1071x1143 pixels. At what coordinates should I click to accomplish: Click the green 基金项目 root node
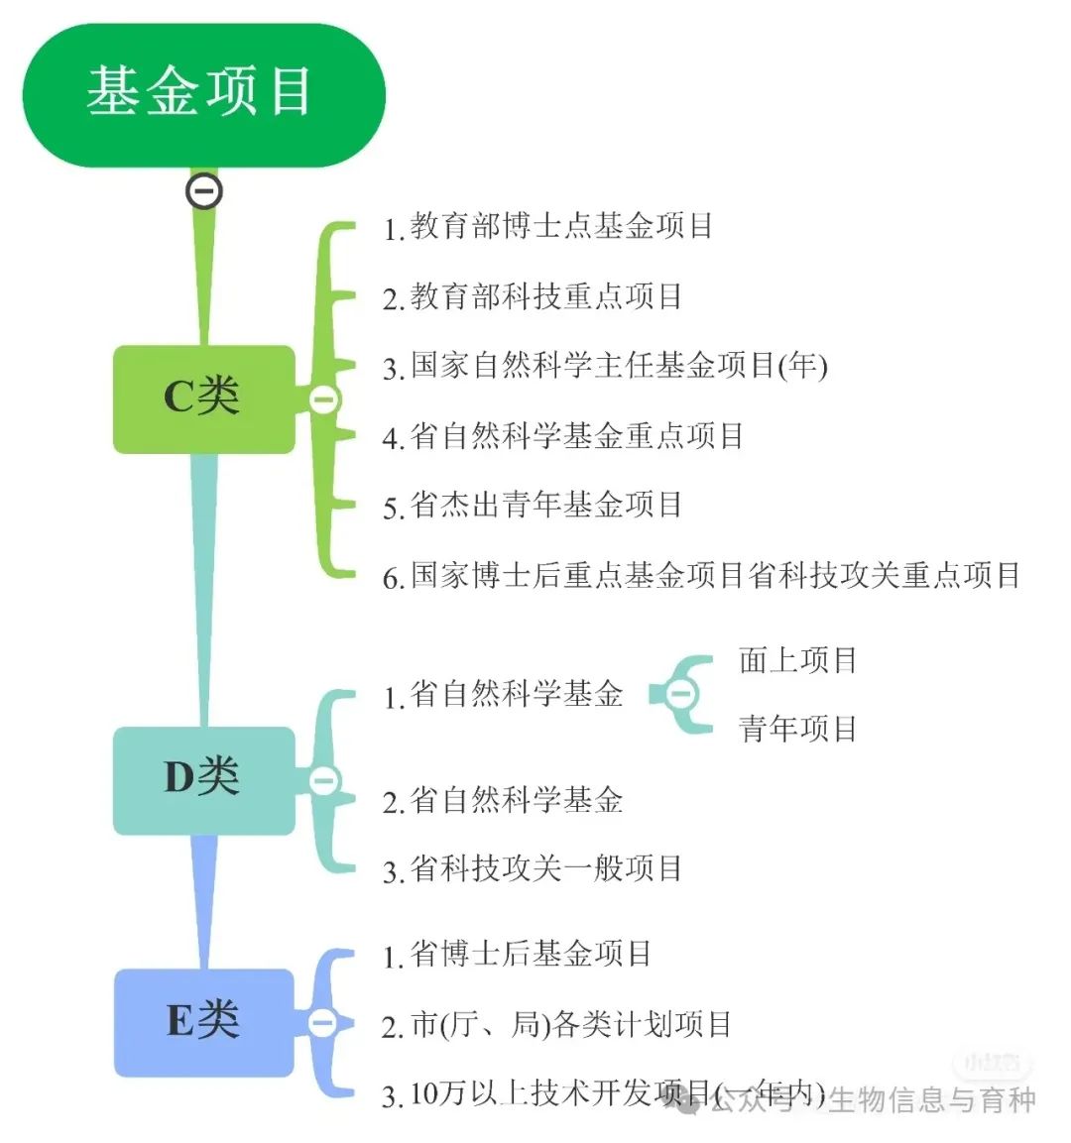click(203, 94)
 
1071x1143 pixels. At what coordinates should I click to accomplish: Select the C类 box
click(203, 399)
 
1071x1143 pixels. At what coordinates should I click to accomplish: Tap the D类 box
click(203, 779)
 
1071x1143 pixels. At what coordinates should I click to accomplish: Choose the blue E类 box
click(203, 1021)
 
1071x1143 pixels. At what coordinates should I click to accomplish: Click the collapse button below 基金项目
click(204, 190)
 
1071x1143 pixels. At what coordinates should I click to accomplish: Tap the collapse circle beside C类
click(323, 400)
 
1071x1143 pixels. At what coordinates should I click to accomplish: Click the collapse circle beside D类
click(323, 781)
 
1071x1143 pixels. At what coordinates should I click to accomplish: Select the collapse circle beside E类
click(322, 1022)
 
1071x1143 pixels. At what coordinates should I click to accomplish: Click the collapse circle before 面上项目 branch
click(680, 693)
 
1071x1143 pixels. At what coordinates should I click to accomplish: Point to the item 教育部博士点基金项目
click(548, 227)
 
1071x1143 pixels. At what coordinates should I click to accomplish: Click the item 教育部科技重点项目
click(533, 296)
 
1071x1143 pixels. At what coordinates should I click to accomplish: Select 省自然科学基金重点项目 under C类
click(563, 436)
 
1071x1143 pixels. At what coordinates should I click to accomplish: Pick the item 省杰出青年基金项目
click(533, 506)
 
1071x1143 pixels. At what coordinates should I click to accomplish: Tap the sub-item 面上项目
click(797, 660)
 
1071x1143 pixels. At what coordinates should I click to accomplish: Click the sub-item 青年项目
click(797, 730)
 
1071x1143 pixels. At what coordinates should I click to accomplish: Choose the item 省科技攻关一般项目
click(533, 869)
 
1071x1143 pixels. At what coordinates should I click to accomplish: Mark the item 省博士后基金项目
click(518, 955)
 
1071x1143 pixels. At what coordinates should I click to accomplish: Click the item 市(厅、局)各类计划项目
click(556, 1025)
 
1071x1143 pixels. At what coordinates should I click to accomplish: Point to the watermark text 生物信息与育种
click(932, 1100)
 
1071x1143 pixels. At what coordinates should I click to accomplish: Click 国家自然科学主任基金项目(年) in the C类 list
click(605, 367)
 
